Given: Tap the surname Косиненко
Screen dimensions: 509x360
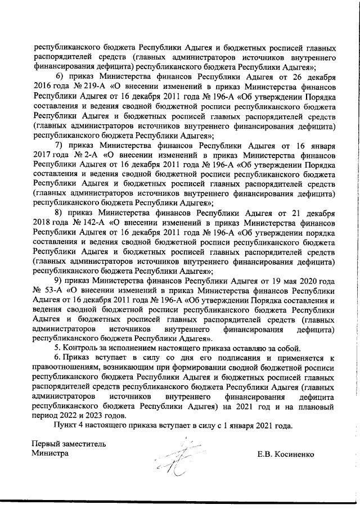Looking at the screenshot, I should [299, 454].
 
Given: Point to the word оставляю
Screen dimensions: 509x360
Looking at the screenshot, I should [243, 348].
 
